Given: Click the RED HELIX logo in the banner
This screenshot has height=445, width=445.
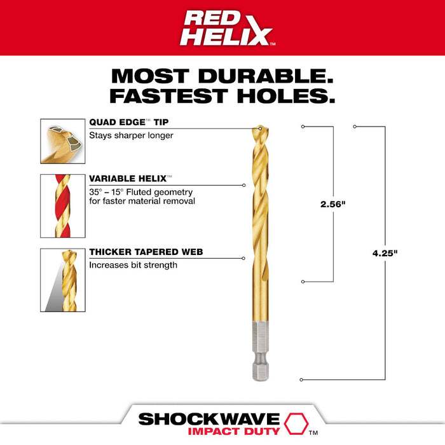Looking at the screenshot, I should (x=222, y=28).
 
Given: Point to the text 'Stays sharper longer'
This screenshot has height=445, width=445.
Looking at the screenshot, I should (x=131, y=135).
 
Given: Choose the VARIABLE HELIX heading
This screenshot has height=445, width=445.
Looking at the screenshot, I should (x=130, y=180).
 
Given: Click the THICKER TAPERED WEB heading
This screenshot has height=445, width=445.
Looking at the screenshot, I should (x=146, y=252).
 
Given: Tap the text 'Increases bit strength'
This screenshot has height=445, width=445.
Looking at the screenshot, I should (x=133, y=264).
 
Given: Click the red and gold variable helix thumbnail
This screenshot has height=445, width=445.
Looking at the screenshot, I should (x=63, y=205).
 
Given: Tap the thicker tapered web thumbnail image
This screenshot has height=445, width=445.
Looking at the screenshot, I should (x=63, y=280).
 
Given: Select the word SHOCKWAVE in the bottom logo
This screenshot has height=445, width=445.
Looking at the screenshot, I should (x=209, y=419).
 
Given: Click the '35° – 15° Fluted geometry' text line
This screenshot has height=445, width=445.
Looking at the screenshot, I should (x=140, y=192).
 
